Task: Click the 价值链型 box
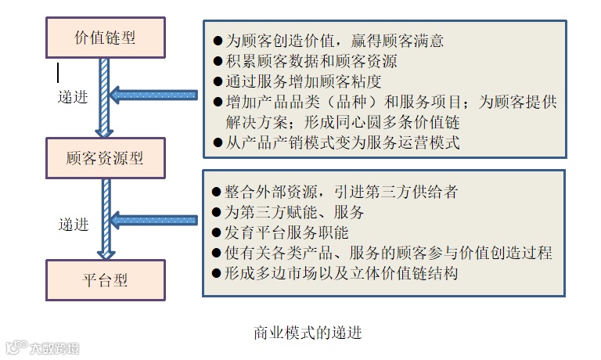[x=104, y=37]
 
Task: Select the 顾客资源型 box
[x=104, y=159]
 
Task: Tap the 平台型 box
[x=104, y=280]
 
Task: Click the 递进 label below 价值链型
[x=74, y=99]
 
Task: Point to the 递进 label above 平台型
[x=74, y=225]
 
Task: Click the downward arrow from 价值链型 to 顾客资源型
[x=105, y=97]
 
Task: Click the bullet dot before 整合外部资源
[x=218, y=193]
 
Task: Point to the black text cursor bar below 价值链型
[x=57, y=73]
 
